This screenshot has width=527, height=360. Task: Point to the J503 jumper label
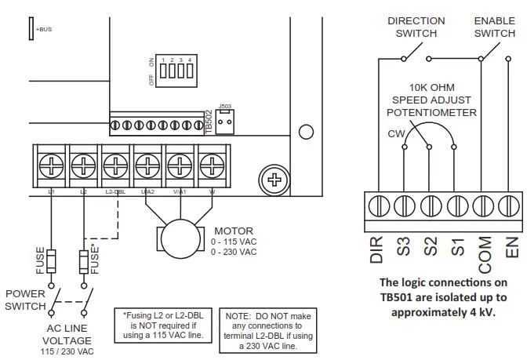[x=224, y=105]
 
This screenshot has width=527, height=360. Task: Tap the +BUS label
[x=44, y=30]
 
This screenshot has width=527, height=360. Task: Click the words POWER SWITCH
[x=26, y=300]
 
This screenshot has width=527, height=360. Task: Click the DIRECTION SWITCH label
[x=416, y=27]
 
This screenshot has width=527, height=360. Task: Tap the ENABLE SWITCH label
[x=495, y=27]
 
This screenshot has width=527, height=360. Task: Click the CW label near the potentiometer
[x=396, y=133]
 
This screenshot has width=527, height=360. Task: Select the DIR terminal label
[x=377, y=249]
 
